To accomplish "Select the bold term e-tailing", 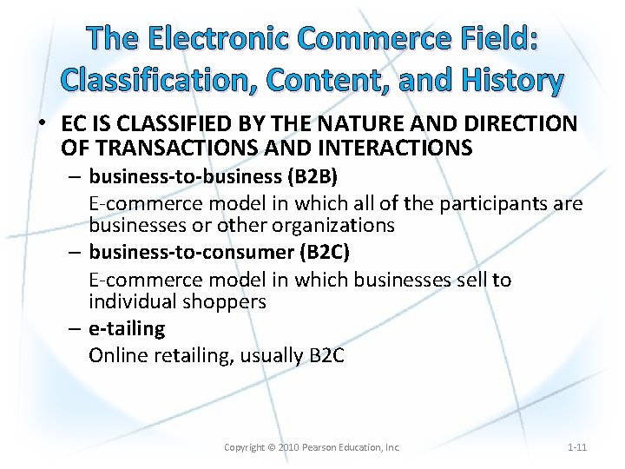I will (x=127, y=328).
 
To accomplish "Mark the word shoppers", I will (x=225, y=301).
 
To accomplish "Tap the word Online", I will (x=117, y=356).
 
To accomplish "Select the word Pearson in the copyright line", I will (x=321, y=447).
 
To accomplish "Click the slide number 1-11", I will (x=577, y=447).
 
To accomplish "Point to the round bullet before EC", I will (x=41, y=122).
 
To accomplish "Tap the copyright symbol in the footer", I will (x=270, y=447).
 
